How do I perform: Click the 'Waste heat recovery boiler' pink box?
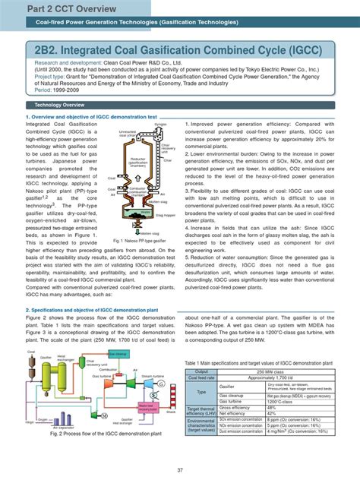pos(115,409)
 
